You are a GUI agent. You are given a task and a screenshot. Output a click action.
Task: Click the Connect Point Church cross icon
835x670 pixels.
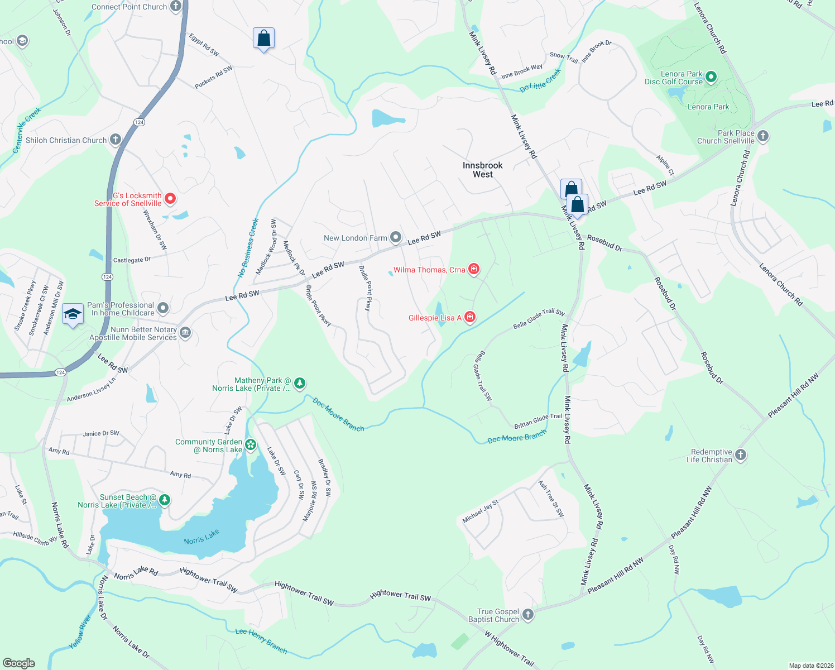coord(176,7)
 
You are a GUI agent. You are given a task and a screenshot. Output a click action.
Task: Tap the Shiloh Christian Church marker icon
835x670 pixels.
coord(116,140)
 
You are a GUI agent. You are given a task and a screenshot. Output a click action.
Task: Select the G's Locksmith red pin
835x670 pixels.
coord(170,199)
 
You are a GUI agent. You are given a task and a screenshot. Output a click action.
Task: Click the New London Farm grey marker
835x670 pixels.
coord(396,238)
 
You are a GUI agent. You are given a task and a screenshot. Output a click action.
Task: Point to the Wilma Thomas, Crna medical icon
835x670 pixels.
coord(474,270)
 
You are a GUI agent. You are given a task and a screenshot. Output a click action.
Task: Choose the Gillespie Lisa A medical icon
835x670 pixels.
coord(470,318)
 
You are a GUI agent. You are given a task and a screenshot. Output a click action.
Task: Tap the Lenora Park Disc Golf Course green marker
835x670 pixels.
coord(711,77)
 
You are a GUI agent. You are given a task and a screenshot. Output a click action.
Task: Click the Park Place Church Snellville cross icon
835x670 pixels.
coord(763,136)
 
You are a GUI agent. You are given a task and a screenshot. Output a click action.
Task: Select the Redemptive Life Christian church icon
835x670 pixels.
coord(741,455)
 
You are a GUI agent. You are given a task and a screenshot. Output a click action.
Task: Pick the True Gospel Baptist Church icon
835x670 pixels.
coord(528,615)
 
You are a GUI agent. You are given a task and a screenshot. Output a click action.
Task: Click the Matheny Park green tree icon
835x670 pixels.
coord(300,383)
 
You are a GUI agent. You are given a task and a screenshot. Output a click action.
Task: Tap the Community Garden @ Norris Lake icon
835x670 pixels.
coord(251,445)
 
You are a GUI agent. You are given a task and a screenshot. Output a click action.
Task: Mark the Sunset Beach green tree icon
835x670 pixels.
coord(164,500)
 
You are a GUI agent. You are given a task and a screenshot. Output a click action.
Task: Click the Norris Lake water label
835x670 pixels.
coord(201,537)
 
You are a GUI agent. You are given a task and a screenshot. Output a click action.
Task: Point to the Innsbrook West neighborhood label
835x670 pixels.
coord(482,170)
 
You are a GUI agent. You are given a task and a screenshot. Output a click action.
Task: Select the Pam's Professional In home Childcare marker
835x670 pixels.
coord(163,308)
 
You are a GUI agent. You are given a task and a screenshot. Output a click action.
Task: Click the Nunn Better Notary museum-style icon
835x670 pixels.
coord(186,333)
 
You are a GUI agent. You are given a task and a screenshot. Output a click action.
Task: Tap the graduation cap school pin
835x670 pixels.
coord(73,315)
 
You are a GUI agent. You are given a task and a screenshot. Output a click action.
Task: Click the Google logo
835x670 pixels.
coord(19,663)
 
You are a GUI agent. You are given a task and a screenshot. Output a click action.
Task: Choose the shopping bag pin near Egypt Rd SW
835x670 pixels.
coord(263,39)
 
